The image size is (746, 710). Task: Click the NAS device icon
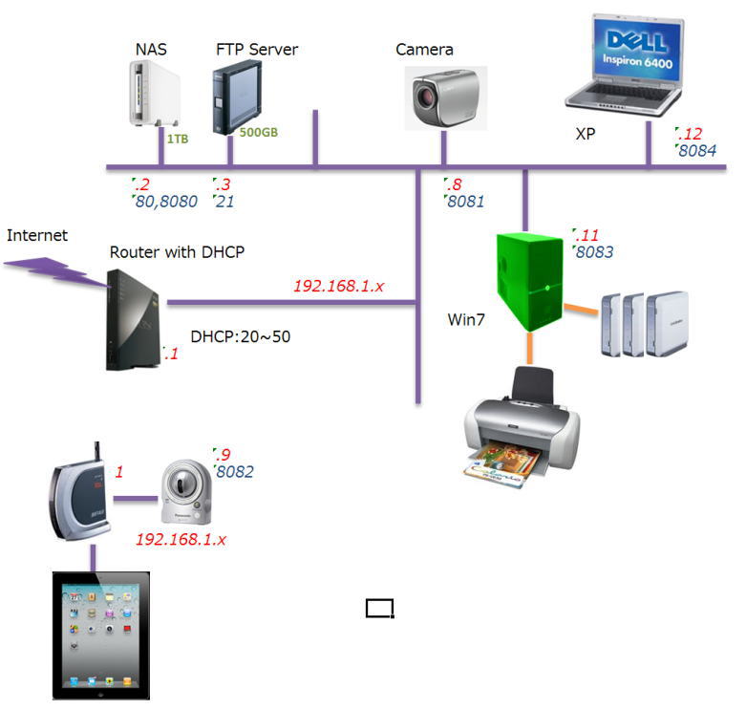(153, 94)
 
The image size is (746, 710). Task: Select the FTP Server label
(257, 49)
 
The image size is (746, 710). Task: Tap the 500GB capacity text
(258, 133)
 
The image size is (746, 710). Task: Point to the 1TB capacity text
(178, 140)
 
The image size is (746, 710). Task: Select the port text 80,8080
(167, 202)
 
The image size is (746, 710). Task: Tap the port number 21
(224, 202)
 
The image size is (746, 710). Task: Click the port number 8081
(465, 202)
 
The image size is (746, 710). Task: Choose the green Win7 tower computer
(531, 283)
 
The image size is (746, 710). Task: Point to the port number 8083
(593, 252)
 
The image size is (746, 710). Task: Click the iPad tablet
(100, 635)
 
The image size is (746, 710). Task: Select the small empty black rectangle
(380, 608)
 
